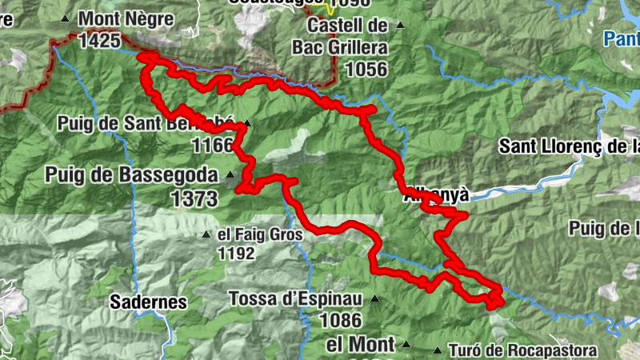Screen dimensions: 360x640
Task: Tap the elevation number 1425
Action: (x=100, y=38)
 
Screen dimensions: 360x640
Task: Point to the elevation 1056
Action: (x=366, y=70)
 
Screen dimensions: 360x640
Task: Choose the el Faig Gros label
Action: (x=260, y=235)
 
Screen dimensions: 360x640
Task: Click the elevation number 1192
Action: (x=235, y=254)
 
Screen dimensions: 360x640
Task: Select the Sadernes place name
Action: (x=148, y=302)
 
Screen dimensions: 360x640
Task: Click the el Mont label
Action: (x=361, y=345)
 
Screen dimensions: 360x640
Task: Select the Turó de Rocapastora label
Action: (x=522, y=350)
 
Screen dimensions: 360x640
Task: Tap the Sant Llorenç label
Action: (x=569, y=146)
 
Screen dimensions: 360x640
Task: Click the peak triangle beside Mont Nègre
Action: (x=65, y=17)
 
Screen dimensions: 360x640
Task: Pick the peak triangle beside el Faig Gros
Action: (x=206, y=235)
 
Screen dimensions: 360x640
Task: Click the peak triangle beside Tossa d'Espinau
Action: (x=374, y=299)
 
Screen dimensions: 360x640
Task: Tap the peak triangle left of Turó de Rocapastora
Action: (x=437, y=350)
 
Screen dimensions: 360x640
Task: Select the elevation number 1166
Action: (x=212, y=145)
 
